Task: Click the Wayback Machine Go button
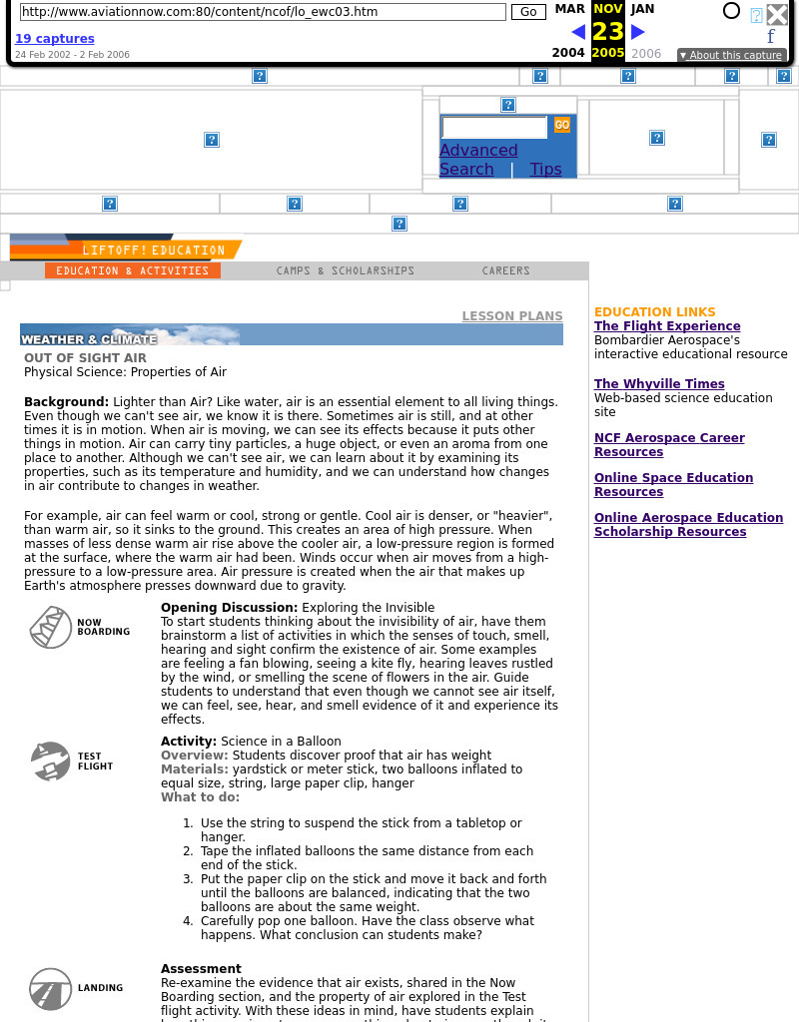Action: [x=528, y=12]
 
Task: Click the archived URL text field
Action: [x=263, y=12]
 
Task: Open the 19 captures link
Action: [x=55, y=39]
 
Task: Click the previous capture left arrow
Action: [x=578, y=32]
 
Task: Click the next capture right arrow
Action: [x=638, y=32]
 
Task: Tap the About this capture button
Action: [x=731, y=55]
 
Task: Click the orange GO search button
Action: [x=562, y=125]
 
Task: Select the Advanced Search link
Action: [x=478, y=160]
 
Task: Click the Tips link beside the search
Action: [x=545, y=170]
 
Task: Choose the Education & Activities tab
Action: [x=133, y=270]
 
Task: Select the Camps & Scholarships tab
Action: [x=346, y=270]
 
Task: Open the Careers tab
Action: [x=506, y=270]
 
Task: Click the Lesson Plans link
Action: [x=511, y=316]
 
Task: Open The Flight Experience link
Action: [x=667, y=326]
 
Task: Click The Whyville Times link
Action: [x=659, y=384]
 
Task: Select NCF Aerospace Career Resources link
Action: [x=669, y=445]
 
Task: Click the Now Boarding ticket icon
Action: [x=50, y=627]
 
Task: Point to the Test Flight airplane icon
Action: [x=50, y=762]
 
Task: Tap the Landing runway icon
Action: [x=50, y=988]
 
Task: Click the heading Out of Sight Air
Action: [x=85, y=358]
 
